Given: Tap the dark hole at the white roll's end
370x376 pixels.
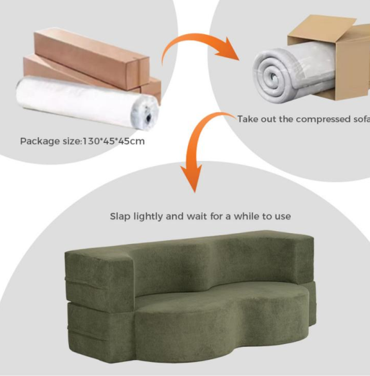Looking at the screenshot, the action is click(x=149, y=117).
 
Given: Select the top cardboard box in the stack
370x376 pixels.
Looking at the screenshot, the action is click(x=92, y=58).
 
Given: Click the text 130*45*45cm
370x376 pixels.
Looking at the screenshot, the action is click(x=114, y=141).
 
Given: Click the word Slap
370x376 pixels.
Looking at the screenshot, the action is click(x=120, y=216).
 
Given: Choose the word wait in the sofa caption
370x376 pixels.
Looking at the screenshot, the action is click(x=196, y=216).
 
